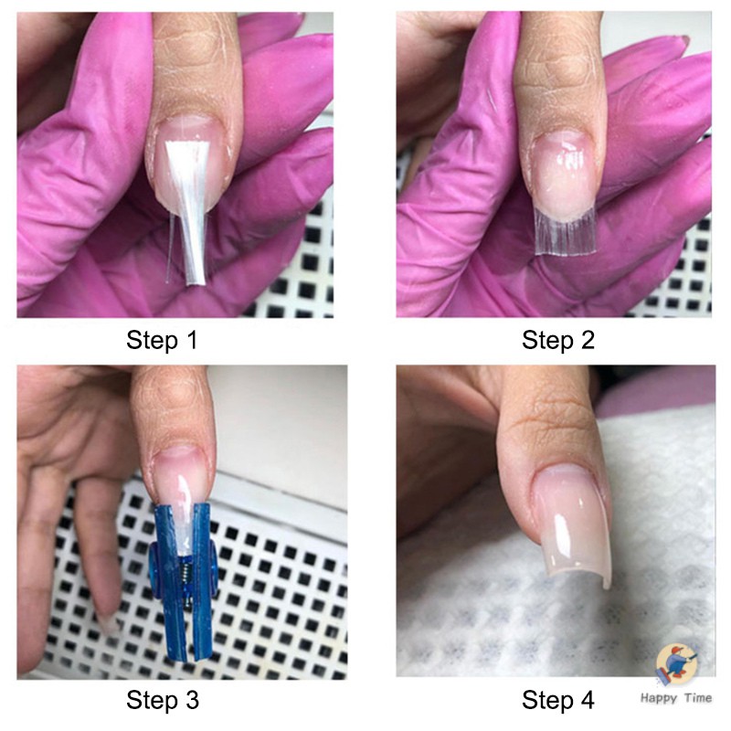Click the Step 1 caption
(x=162, y=340)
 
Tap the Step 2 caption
(x=558, y=340)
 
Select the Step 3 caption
(x=163, y=700)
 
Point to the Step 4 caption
(x=558, y=700)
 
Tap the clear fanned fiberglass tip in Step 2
(x=566, y=231)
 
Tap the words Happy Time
(x=676, y=698)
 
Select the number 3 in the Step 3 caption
(x=191, y=700)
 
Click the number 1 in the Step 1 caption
(x=192, y=340)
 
